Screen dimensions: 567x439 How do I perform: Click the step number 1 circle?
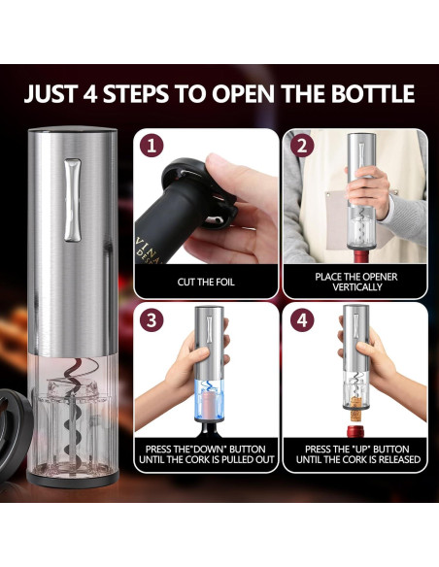pyautogui.click(x=151, y=148)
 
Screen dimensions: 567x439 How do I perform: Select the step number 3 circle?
pyautogui.click(x=151, y=319)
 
